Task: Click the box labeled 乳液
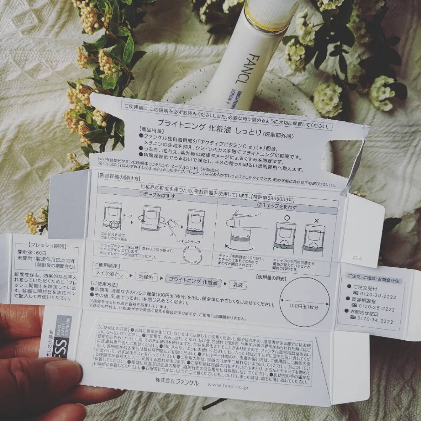[x=238, y=285]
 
